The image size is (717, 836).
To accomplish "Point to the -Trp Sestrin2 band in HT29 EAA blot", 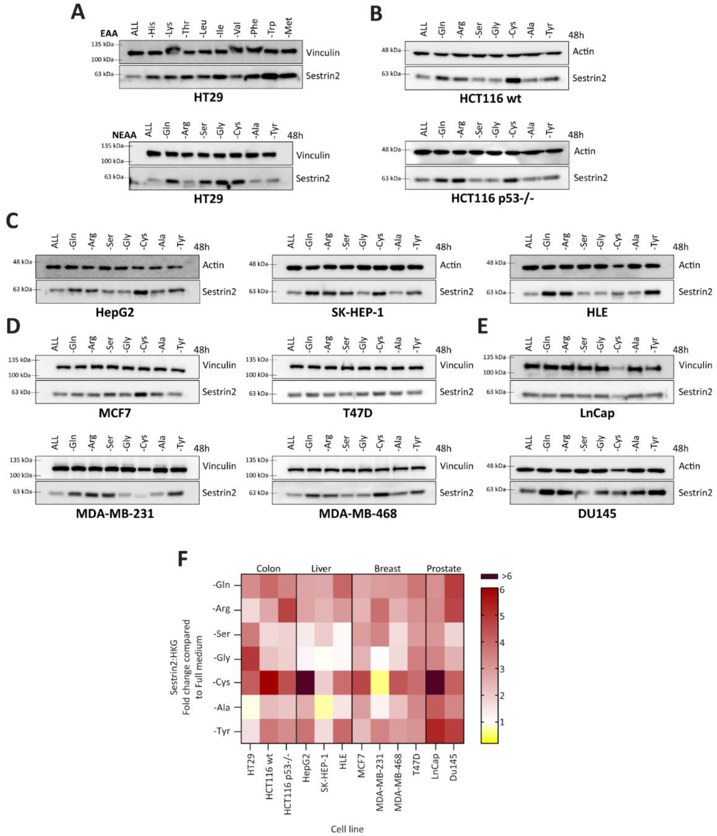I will point(270,76).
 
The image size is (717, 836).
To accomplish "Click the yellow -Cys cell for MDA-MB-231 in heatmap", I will point(379,683).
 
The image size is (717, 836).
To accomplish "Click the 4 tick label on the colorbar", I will point(502,643).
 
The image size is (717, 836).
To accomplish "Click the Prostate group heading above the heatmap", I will point(444,568).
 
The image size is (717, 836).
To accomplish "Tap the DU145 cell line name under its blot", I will point(597,514).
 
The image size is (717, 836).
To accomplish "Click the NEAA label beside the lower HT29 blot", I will point(124,135).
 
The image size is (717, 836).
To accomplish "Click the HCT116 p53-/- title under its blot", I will point(492,198).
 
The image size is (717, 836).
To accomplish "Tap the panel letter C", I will point(12,221).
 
